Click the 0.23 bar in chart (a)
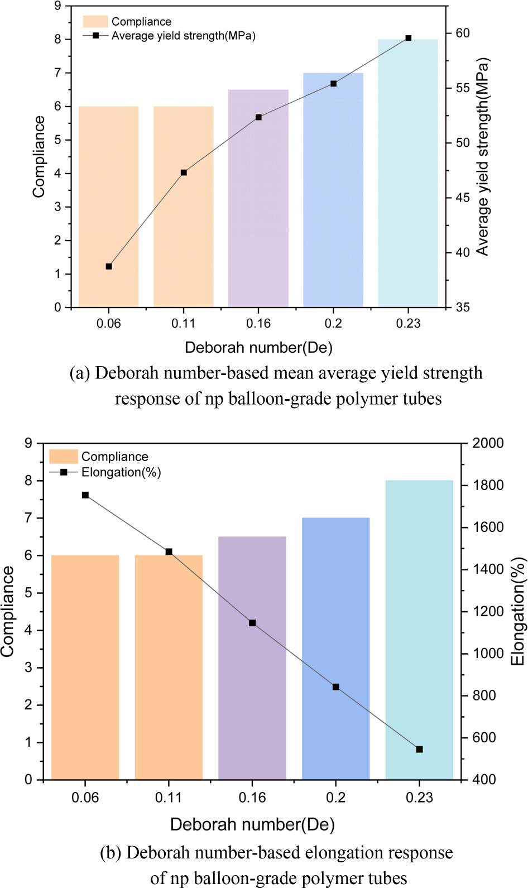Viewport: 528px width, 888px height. pyautogui.click(x=408, y=173)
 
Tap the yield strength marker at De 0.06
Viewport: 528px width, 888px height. pyautogui.click(x=109, y=267)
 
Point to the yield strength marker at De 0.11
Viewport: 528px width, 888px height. pyautogui.click(x=184, y=173)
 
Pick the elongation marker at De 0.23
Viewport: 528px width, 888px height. pyautogui.click(x=419, y=750)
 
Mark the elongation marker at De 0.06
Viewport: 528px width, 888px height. pyautogui.click(x=85, y=495)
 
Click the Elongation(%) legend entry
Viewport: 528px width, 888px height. pyautogui.click(x=121, y=472)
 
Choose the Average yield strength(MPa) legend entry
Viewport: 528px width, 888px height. pyautogui.click(x=183, y=36)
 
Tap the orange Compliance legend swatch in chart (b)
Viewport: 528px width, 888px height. pyautogui.click(x=63, y=457)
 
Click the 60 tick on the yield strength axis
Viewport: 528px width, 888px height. pyautogui.click(x=463, y=33)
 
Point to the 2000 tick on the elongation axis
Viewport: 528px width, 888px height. pyautogui.click(x=488, y=443)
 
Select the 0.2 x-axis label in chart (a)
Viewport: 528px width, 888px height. pyautogui.click(x=333, y=324)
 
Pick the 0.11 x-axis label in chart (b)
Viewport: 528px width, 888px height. pyautogui.click(x=169, y=798)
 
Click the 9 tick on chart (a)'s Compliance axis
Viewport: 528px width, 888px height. pyautogui.click(x=57, y=6)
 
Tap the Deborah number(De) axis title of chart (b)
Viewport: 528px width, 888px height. pyautogui.click(x=252, y=824)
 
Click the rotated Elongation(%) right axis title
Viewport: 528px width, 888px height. pyautogui.click(x=518, y=611)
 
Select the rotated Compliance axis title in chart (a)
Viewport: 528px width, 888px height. pyautogui.click(x=39, y=157)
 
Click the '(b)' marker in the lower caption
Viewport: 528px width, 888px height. pyautogui.click(x=111, y=853)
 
